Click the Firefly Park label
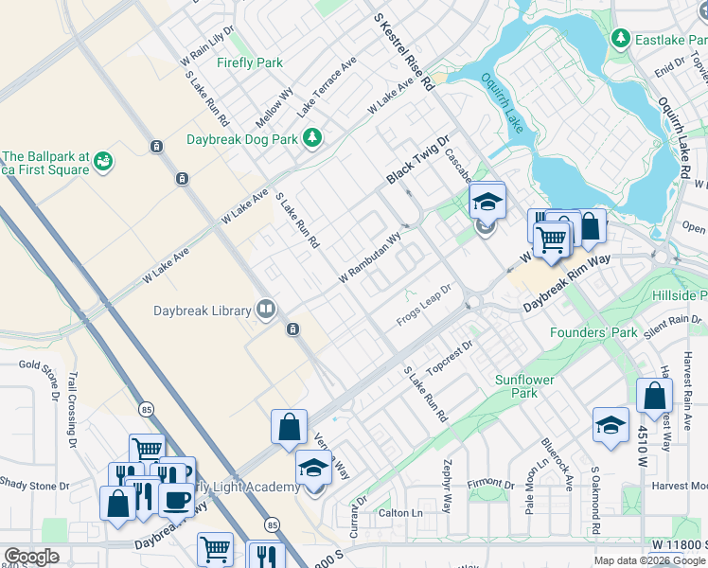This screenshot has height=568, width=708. pos(249,63)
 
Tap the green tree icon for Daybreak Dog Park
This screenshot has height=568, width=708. pos(312,139)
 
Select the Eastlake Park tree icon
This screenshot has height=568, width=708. pos(621,39)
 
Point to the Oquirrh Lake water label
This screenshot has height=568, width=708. pos(502,105)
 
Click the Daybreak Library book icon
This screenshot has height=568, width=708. pos(267,310)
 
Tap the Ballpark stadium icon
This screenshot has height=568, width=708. pos(103,164)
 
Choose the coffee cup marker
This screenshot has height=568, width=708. pos(176,497)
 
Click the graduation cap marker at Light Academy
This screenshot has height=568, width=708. pos(314,468)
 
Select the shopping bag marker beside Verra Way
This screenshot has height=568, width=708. pos(289,427)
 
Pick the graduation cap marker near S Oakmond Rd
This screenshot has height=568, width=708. pos(611,425)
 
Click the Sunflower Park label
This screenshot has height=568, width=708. pos(522,386)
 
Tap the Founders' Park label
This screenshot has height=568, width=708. pos(594,332)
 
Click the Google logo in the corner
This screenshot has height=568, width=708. pos(32,557)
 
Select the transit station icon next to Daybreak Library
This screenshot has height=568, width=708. pos(293,328)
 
